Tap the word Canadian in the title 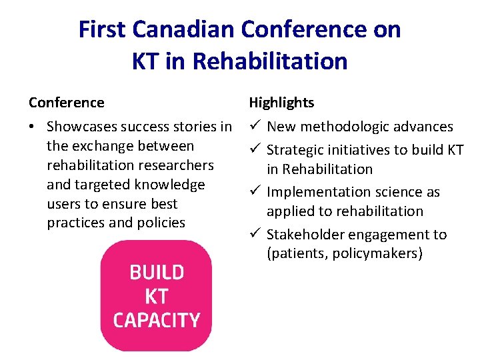coord(184,30)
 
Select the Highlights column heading coord(281,103)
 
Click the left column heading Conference coord(67,103)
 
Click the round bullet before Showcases coord(33,127)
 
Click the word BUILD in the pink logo coord(156,273)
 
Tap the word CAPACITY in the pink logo coord(156,320)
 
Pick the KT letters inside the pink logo coord(156,296)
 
